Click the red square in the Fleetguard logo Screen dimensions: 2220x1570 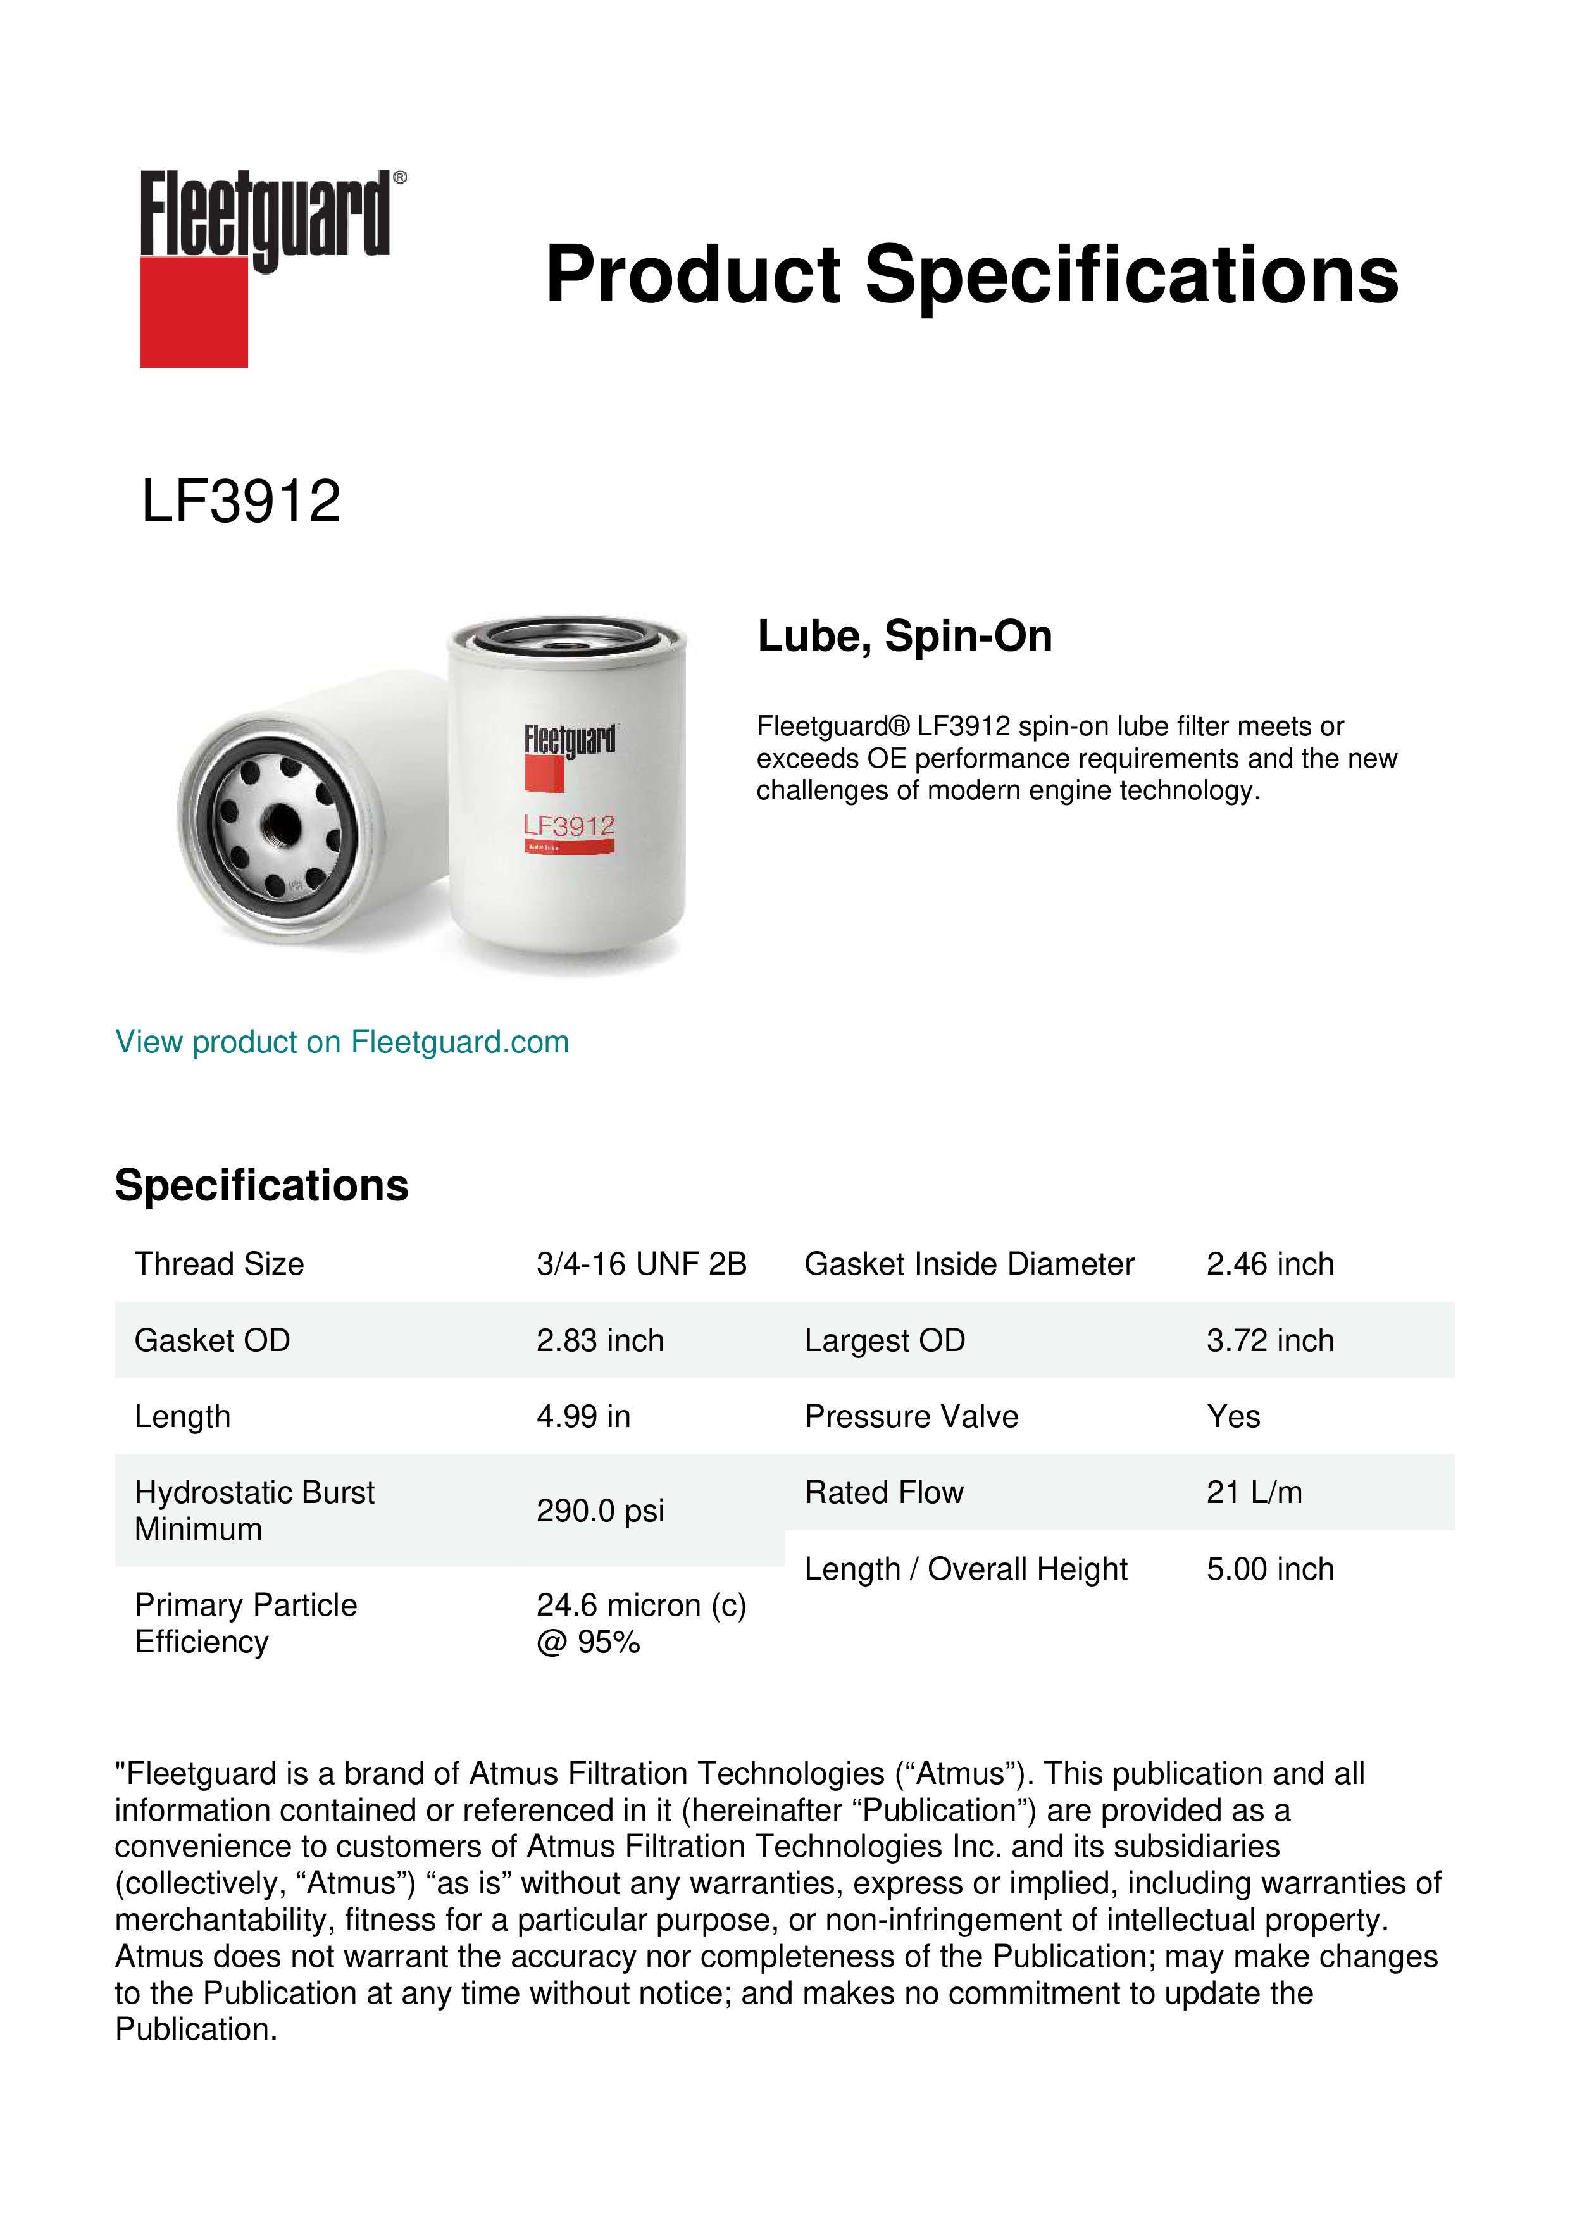(x=194, y=311)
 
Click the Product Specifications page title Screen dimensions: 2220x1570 (x=971, y=275)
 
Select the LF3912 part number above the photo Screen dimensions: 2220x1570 (x=240, y=502)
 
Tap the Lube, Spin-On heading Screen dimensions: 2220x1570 (x=904, y=636)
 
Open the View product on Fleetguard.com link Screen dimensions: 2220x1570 (x=341, y=1042)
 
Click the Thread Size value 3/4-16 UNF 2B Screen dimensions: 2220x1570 (x=641, y=1264)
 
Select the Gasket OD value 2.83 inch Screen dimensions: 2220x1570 (x=599, y=1340)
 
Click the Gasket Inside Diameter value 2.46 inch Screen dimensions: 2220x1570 (x=1269, y=1264)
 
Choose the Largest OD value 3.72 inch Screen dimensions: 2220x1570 (x=1269, y=1340)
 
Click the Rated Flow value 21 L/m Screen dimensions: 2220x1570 (x=1254, y=1493)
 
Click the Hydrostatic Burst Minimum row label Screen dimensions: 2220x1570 (x=253, y=1511)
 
